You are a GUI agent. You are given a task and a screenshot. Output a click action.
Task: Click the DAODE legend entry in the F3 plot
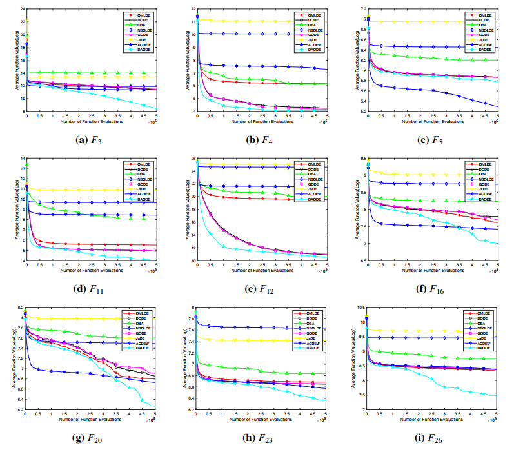tap(143, 49)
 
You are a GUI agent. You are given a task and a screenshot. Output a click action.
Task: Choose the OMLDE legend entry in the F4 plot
tap(313, 15)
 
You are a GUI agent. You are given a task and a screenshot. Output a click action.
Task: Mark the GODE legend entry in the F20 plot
tap(142, 332)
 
